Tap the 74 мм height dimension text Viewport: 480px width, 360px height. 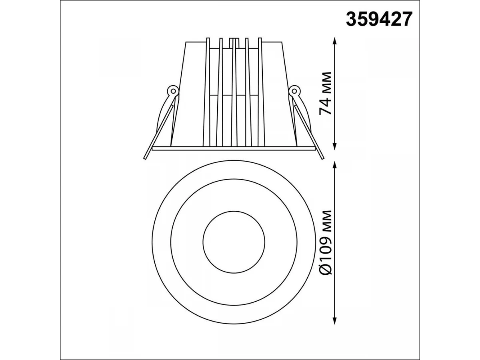click(x=325, y=93)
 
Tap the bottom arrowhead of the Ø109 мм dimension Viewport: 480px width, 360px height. click(x=334, y=320)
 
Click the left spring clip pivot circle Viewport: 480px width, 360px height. click(x=173, y=90)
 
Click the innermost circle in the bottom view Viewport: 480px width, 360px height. click(x=234, y=211)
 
